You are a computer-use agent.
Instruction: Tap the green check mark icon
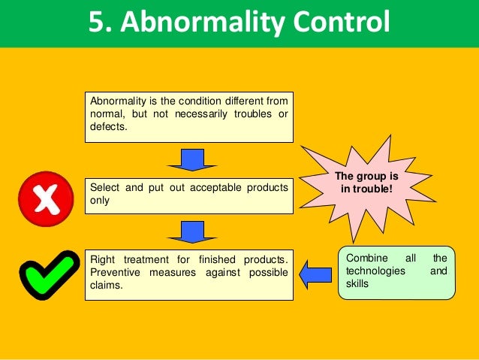[49, 271]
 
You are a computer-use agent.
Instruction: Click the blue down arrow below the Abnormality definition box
[192, 159]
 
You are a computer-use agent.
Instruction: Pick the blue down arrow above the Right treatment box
[192, 231]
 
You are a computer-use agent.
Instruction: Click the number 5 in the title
[101, 22]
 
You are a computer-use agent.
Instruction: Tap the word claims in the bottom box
[106, 286]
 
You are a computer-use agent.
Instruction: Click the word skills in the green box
[357, 283]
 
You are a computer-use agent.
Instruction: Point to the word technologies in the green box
[375, 270]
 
